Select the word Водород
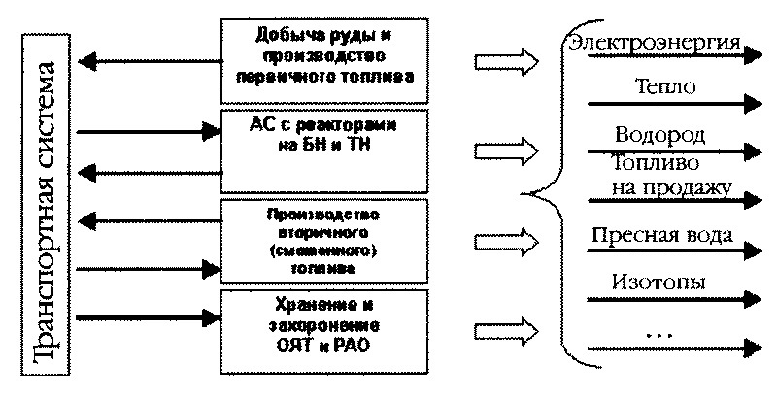659,133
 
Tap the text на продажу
671,185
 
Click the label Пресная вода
660,236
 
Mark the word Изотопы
659,282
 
